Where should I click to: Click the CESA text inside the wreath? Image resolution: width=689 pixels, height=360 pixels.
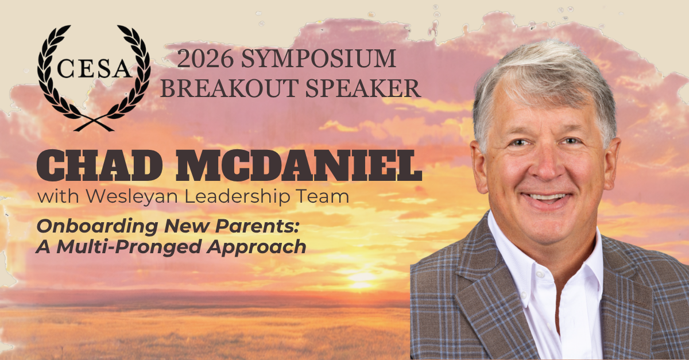[94, 68]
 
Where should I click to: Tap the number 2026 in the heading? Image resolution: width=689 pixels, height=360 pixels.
[205, 59]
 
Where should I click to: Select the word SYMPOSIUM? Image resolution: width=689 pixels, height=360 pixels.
[318, 59]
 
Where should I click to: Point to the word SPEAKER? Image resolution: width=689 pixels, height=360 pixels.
[363, 88]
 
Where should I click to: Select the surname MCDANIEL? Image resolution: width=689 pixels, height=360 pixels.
[299, 165]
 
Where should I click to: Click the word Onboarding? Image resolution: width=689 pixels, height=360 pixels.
[98, 227]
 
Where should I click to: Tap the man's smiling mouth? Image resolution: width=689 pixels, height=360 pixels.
[546, 199]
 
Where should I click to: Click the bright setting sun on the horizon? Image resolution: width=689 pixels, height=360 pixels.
[359, 278]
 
